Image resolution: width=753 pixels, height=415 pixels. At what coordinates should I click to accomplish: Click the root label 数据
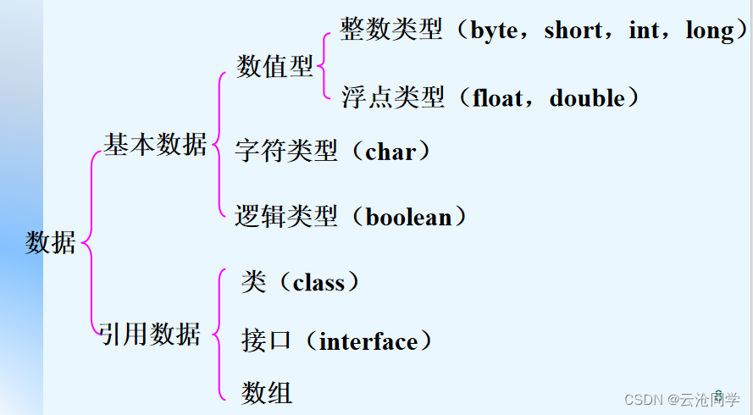click(x=51, y=243)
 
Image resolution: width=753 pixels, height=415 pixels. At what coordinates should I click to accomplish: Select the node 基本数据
click(x=155, y=144)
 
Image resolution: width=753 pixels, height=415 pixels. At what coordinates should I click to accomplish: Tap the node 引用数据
click(x=150, y=334)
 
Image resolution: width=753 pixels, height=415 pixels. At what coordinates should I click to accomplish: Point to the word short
click(x=574, y=31)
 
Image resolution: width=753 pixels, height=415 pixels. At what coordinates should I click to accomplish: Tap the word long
click(x=710, y=31)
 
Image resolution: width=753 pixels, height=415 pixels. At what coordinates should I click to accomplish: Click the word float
click(x=500, y=98)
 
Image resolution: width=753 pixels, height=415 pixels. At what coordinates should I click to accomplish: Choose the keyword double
click(x=586, y=98)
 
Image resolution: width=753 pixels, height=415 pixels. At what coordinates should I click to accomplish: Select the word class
click(x=318, y=283)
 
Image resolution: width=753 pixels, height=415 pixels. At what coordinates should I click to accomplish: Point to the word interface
click(x=368, y=342)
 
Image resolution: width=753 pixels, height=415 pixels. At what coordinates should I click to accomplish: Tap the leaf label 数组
click(x=267, y=392)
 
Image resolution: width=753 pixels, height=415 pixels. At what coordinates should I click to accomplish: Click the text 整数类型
click(x=391, y=31)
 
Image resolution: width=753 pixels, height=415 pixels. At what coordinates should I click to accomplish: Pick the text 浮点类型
click(x=393, y=98)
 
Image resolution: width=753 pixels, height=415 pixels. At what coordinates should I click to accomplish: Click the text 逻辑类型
click(x=286, y=217)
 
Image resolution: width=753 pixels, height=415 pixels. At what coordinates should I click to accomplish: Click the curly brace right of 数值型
click(x=326, y=66)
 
